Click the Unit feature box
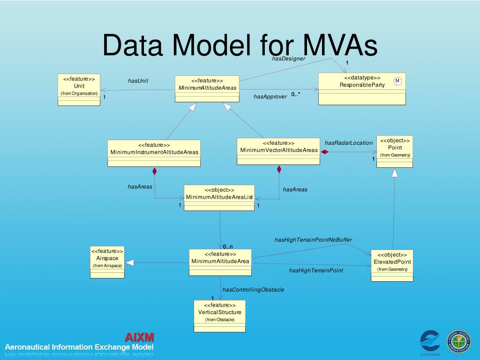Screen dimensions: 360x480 (x=79, y=90)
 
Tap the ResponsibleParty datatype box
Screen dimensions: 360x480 (x=362, y=89)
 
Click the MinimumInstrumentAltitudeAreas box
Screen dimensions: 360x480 (x=154, y=153)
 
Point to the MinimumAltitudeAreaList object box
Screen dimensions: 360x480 (x=219, y=197)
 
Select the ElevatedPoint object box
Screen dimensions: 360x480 (x=392, y=265)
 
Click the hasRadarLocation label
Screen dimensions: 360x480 (x=348, y=143)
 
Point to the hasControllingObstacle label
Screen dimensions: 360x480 (x=253, y=290)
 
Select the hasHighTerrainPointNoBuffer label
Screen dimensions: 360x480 (x=313, y=240)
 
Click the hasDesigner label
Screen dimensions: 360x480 (x=288, y=59)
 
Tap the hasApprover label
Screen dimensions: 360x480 (x=270, y=97)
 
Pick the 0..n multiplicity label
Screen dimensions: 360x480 (x=228, y=247)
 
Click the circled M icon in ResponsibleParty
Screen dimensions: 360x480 (x=397, y=81)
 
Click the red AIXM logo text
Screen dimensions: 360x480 (x=139, y=337)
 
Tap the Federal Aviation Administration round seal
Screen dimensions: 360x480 (x=459, y=341)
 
